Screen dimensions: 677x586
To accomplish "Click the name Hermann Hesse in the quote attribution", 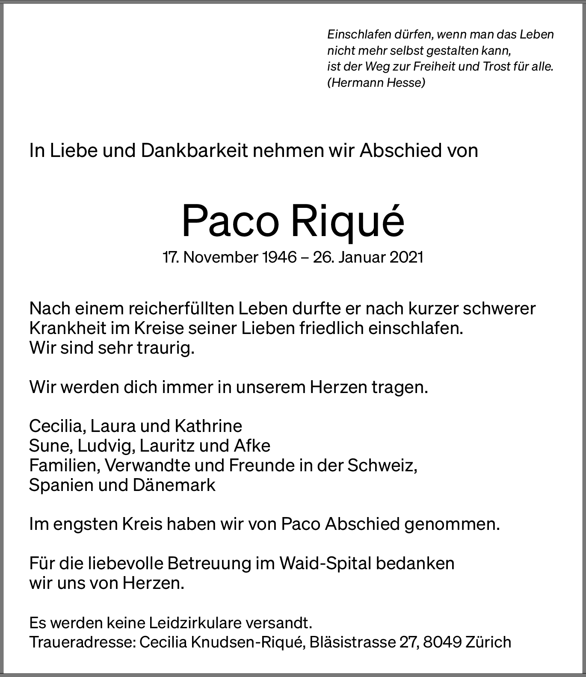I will [376, 83].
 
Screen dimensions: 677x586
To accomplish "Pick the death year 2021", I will [406, 257].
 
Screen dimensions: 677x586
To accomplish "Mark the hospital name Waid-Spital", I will [325, 563].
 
